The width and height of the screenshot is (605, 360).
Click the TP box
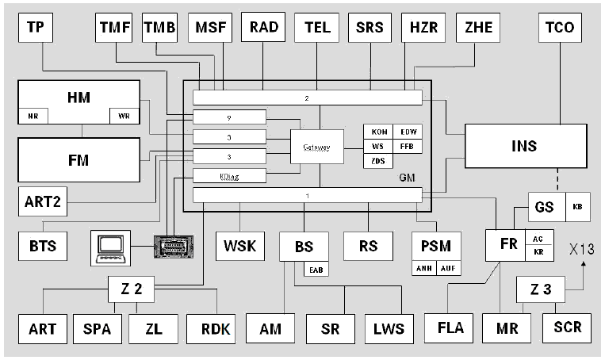click(35, 28)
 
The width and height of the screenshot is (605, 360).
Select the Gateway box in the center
click(316, 147)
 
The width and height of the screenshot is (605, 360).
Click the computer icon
click(110, 247)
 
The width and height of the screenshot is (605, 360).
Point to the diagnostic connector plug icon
click(174, 247)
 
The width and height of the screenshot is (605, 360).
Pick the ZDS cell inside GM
click(379, 162)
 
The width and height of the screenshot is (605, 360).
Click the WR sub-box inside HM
click(124, 117)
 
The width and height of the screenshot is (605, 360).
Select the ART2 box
click(41, 201)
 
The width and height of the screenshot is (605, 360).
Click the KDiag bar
click(229, 175)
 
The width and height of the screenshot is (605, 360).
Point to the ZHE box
click(478, 28)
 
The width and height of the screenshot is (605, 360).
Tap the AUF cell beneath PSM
click(449, 269)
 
